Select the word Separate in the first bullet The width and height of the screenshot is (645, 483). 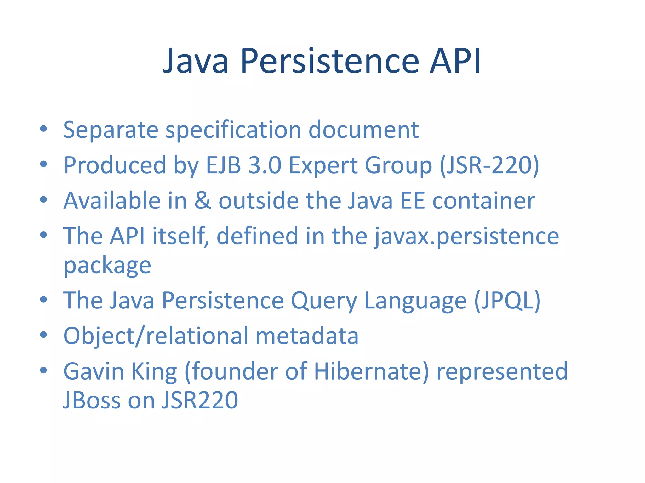[x=111, y=130]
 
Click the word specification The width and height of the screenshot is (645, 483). [x=233, y=130]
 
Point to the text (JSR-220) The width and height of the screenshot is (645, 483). [x=489, y=165]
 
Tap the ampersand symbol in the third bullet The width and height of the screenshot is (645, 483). [x=203, y=201]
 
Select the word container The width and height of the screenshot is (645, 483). [x=484, y=201]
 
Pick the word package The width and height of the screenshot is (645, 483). [x=107, y=266]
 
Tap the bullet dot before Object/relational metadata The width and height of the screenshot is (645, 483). [x=43, y=335]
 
